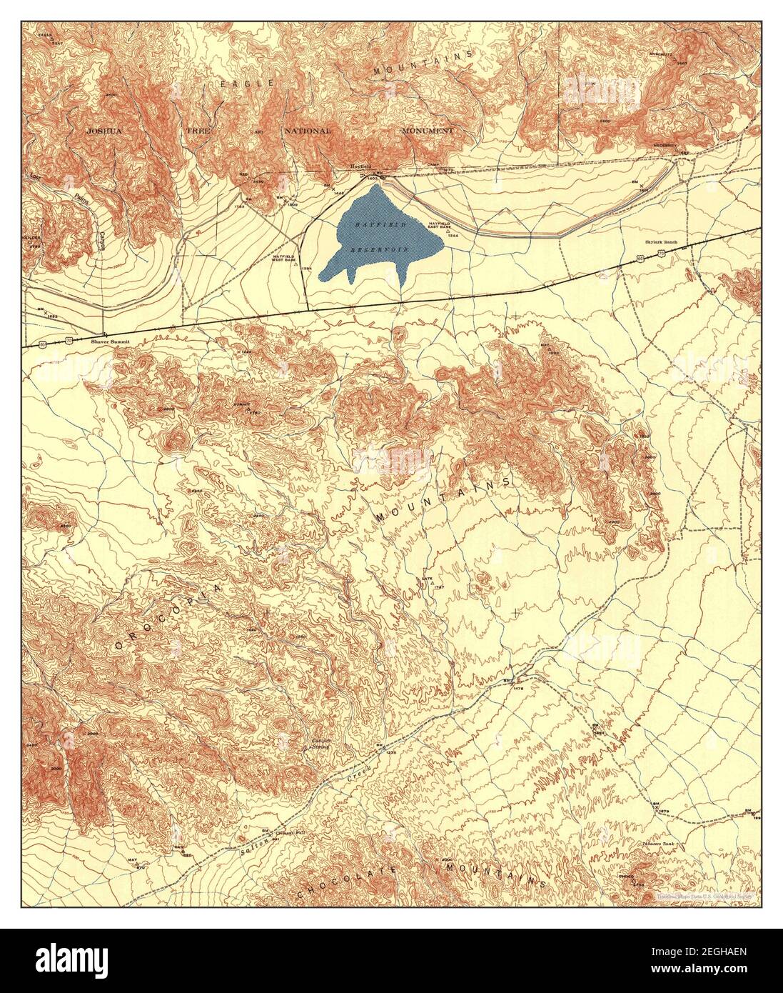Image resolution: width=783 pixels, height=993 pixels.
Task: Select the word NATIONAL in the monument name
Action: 308,131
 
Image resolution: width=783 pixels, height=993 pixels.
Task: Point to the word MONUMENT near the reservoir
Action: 427,131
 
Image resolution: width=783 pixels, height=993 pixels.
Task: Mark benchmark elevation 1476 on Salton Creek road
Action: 518,688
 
